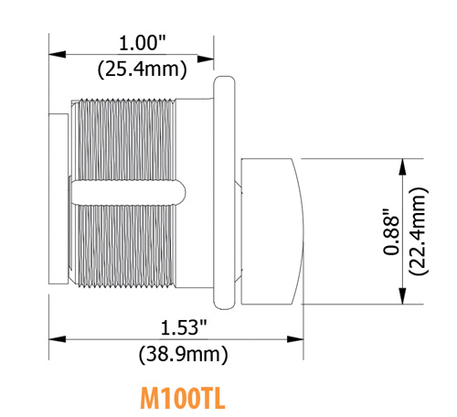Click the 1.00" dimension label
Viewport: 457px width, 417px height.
point(142,43)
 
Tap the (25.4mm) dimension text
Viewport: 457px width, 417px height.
point(142,69)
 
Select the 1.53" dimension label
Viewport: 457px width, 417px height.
point(184,327)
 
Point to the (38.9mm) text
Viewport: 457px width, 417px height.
point(184,355)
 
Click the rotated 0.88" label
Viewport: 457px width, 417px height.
point(391,231)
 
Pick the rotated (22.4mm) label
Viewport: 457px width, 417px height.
point(419,231)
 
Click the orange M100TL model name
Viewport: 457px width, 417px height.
point(183,398)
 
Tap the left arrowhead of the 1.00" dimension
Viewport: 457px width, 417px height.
point(58,55)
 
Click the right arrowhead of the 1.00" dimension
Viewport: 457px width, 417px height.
point(206,59)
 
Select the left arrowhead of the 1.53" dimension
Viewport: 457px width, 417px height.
point(58,339)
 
